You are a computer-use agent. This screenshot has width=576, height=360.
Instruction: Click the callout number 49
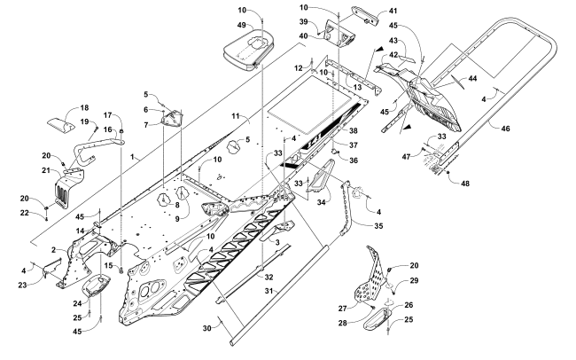tap(241, 25)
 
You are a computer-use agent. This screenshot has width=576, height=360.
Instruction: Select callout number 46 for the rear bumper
tap(505, 129)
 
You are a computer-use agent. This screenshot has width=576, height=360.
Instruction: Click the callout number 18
tap(84, 108)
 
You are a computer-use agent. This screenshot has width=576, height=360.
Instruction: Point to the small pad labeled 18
tap(61, 125)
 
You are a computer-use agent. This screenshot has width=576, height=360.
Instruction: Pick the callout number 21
tap(46, 170)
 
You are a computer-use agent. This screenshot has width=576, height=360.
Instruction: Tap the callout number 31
tap(269, 291)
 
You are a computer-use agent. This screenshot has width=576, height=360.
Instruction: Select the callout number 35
tap(378, 225)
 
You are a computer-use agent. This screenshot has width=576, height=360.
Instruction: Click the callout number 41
tap(393, 11)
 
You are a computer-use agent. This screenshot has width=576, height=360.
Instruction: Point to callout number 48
tap(465, 184)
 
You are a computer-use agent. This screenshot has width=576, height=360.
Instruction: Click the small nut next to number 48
tap(448, 172)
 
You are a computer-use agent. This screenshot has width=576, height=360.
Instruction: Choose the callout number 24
tap(77, 303)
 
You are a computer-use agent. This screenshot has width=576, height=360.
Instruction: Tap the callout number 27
tap(343, 309)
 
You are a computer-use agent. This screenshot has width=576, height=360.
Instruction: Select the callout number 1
tap(132, 157)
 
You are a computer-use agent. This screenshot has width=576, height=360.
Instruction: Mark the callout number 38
tap(354, 130)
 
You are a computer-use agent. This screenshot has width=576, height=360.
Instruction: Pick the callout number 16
tap(107, 129)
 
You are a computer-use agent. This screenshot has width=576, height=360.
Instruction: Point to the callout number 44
tap(472, 78)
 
